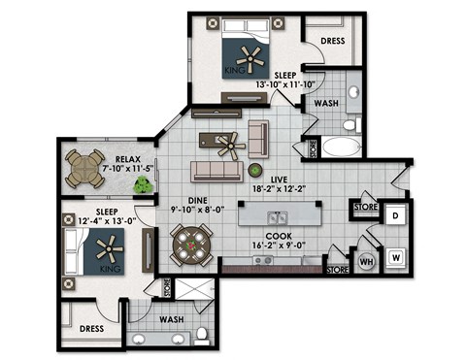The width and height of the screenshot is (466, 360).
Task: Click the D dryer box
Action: (395, 215)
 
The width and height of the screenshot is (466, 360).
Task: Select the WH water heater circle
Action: (367, 260)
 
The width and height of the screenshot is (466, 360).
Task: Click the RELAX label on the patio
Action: (129, 159)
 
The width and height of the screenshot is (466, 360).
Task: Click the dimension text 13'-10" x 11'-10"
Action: (285, 85)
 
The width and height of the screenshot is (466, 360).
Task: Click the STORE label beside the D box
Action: (365, 206)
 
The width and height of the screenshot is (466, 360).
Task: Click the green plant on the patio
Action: (143, 186)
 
